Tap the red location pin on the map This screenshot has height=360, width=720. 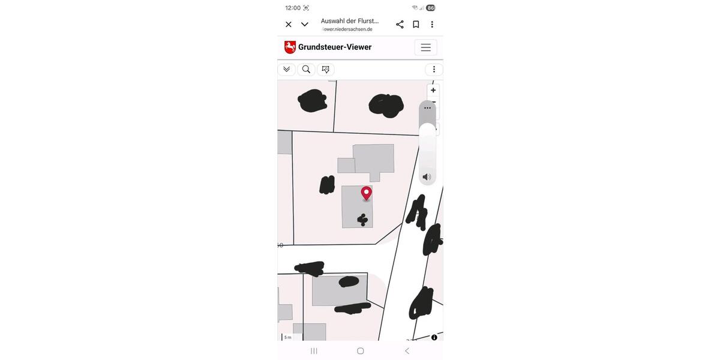(x=367, y=193)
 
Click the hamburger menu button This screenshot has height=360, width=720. (x=425, y=47)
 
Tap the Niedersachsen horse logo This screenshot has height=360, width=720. (x=290, y=47)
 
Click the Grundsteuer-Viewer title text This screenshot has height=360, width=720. (x=335, y=47)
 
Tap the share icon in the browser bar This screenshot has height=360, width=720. (x=400, y=25)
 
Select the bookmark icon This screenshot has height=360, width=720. (x=416, y=25)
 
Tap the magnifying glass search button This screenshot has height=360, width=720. (x=306, y=70)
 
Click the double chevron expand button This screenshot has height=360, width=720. (x=286, y=70)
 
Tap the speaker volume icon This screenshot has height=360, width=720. (x=427, y=177)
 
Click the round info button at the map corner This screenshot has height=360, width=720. (x=434, y=337)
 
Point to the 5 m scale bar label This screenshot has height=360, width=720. (x=287, y=337)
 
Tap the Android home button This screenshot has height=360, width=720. (x=360, y=351)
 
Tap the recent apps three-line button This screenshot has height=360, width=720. (x=314, y=351)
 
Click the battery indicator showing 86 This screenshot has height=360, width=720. (x=430, y=8)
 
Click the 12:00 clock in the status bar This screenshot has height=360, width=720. (x=293, y=8)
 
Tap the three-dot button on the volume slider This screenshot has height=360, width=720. (x=427, y=108)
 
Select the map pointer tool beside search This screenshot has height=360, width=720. (x=326, y=70)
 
